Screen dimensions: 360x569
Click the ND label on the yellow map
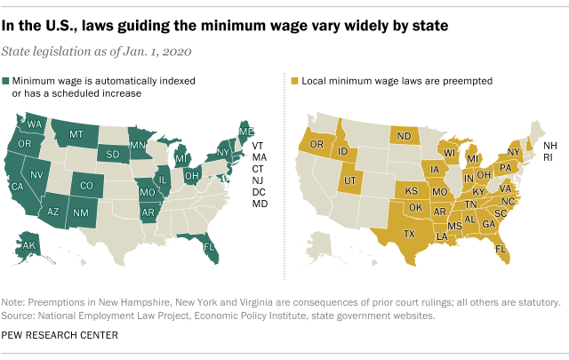click(x=405, y=136)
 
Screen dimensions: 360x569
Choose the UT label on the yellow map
click(x=351, y=181)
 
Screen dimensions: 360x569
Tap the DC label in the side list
click(x=260, y=192)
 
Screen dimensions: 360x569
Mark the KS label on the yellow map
click(x=413, y=190)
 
